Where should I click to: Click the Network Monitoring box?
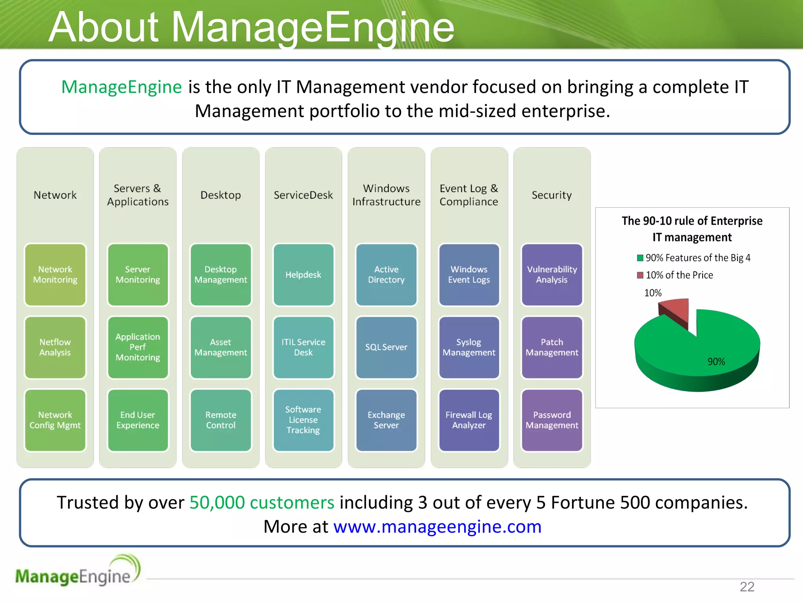click(x=55, y=274)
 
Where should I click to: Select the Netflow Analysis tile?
click(x=55, y=347)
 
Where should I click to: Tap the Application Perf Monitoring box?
click(x=138, y=347)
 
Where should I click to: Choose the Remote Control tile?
click(x=221, y=420)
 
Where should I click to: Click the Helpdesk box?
click(x=303, y=274)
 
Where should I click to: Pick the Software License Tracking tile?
click(x=303, y=420)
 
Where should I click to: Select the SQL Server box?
click(x=386, y=347)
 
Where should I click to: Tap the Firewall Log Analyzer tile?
click(x=469, y=420)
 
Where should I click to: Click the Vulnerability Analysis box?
click(x=552, y=274)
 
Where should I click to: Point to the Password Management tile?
click(x=552, y=420)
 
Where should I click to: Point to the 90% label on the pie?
click(x=716, y=362)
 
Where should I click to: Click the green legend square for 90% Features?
click(x=640, y=258)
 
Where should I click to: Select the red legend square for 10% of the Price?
click(x=640, y=275)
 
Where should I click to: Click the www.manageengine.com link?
click(x=437, y=527)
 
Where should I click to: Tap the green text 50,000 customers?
click(x=262, y=502)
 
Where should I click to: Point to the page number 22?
click(x=747, y=587)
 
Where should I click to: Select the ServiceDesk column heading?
click(x=303, y=195)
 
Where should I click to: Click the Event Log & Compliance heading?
click(x=469, y=195)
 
